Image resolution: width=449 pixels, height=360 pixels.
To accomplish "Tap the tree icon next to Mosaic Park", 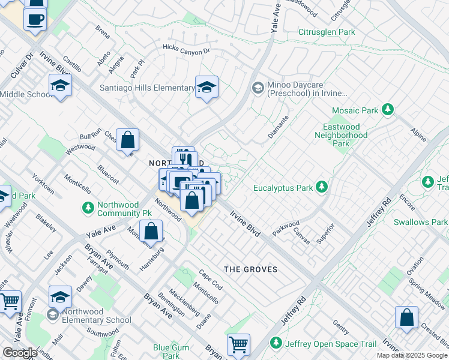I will [x=388, y=110].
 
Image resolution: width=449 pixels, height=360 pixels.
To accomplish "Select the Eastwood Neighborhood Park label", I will [x=341, y=135].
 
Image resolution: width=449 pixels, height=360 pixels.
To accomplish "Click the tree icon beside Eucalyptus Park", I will [x=322, y=187].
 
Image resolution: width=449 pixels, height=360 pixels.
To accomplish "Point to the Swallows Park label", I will [x=420, y=222].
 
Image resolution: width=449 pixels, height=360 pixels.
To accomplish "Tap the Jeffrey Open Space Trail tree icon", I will [x=276, y=343].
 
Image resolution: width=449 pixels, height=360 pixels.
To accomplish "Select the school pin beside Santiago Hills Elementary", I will [x=206, y=87].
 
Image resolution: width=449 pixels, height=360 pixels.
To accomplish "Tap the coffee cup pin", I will [x=35, y=18].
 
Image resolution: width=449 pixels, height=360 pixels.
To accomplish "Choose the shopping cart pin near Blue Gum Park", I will [x=238, y=344].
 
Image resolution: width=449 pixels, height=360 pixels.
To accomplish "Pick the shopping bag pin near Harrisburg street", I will [x=151, y=230].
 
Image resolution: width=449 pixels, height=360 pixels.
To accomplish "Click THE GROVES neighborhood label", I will [x=251, y=269].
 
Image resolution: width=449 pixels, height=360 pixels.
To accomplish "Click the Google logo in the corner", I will [x=20, y=353].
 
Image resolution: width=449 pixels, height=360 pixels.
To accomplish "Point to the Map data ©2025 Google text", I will [x=412, y=355].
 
